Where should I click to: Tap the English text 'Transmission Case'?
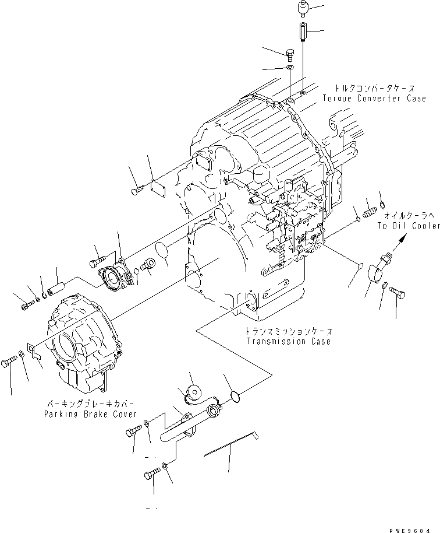(288, 341)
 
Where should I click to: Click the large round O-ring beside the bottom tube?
(236, 397)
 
